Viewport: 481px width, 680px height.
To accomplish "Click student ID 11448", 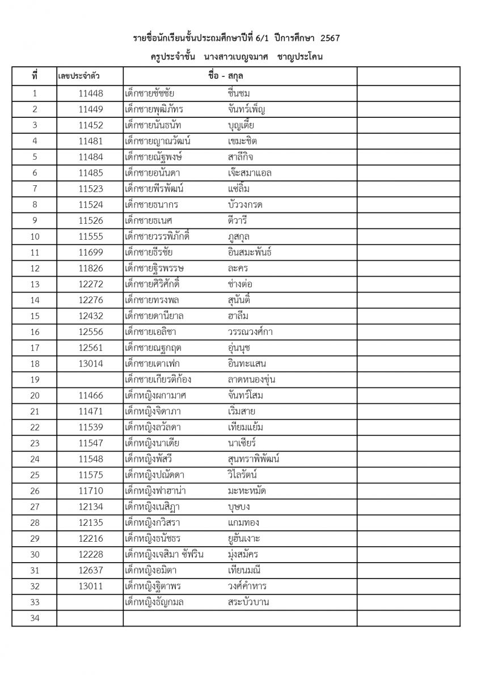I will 91,93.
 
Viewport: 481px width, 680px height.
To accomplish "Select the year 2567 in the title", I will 330,39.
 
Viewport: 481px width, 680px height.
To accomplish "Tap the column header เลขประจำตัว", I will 82,76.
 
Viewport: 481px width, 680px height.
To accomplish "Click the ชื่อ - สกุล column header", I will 225,76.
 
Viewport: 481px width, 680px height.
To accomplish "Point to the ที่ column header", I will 35,76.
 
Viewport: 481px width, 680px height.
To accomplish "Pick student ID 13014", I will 91,363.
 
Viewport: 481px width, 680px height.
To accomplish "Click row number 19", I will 35,379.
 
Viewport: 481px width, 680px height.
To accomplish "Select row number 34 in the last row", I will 35,618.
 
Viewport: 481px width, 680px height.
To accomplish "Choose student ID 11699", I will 91,252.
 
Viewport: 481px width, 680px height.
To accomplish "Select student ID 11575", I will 91,475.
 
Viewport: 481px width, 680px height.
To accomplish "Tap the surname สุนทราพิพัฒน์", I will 253,459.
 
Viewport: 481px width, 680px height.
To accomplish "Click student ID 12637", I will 91,570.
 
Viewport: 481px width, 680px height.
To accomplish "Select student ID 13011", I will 91,586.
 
